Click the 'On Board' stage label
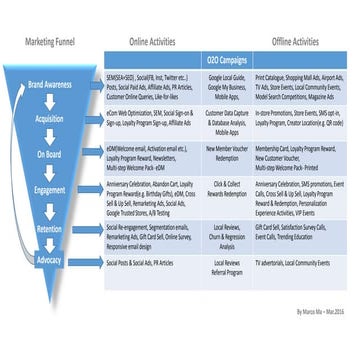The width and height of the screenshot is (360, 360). click(48, 155)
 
